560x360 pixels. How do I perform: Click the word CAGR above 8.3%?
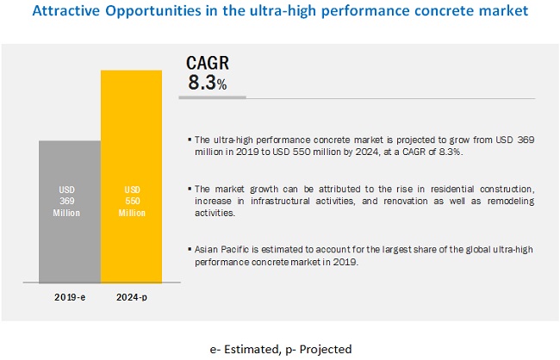click(208, 66)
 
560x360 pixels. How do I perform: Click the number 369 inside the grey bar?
click(70, 199)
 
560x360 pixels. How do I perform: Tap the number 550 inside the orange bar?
click(131, 199)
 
